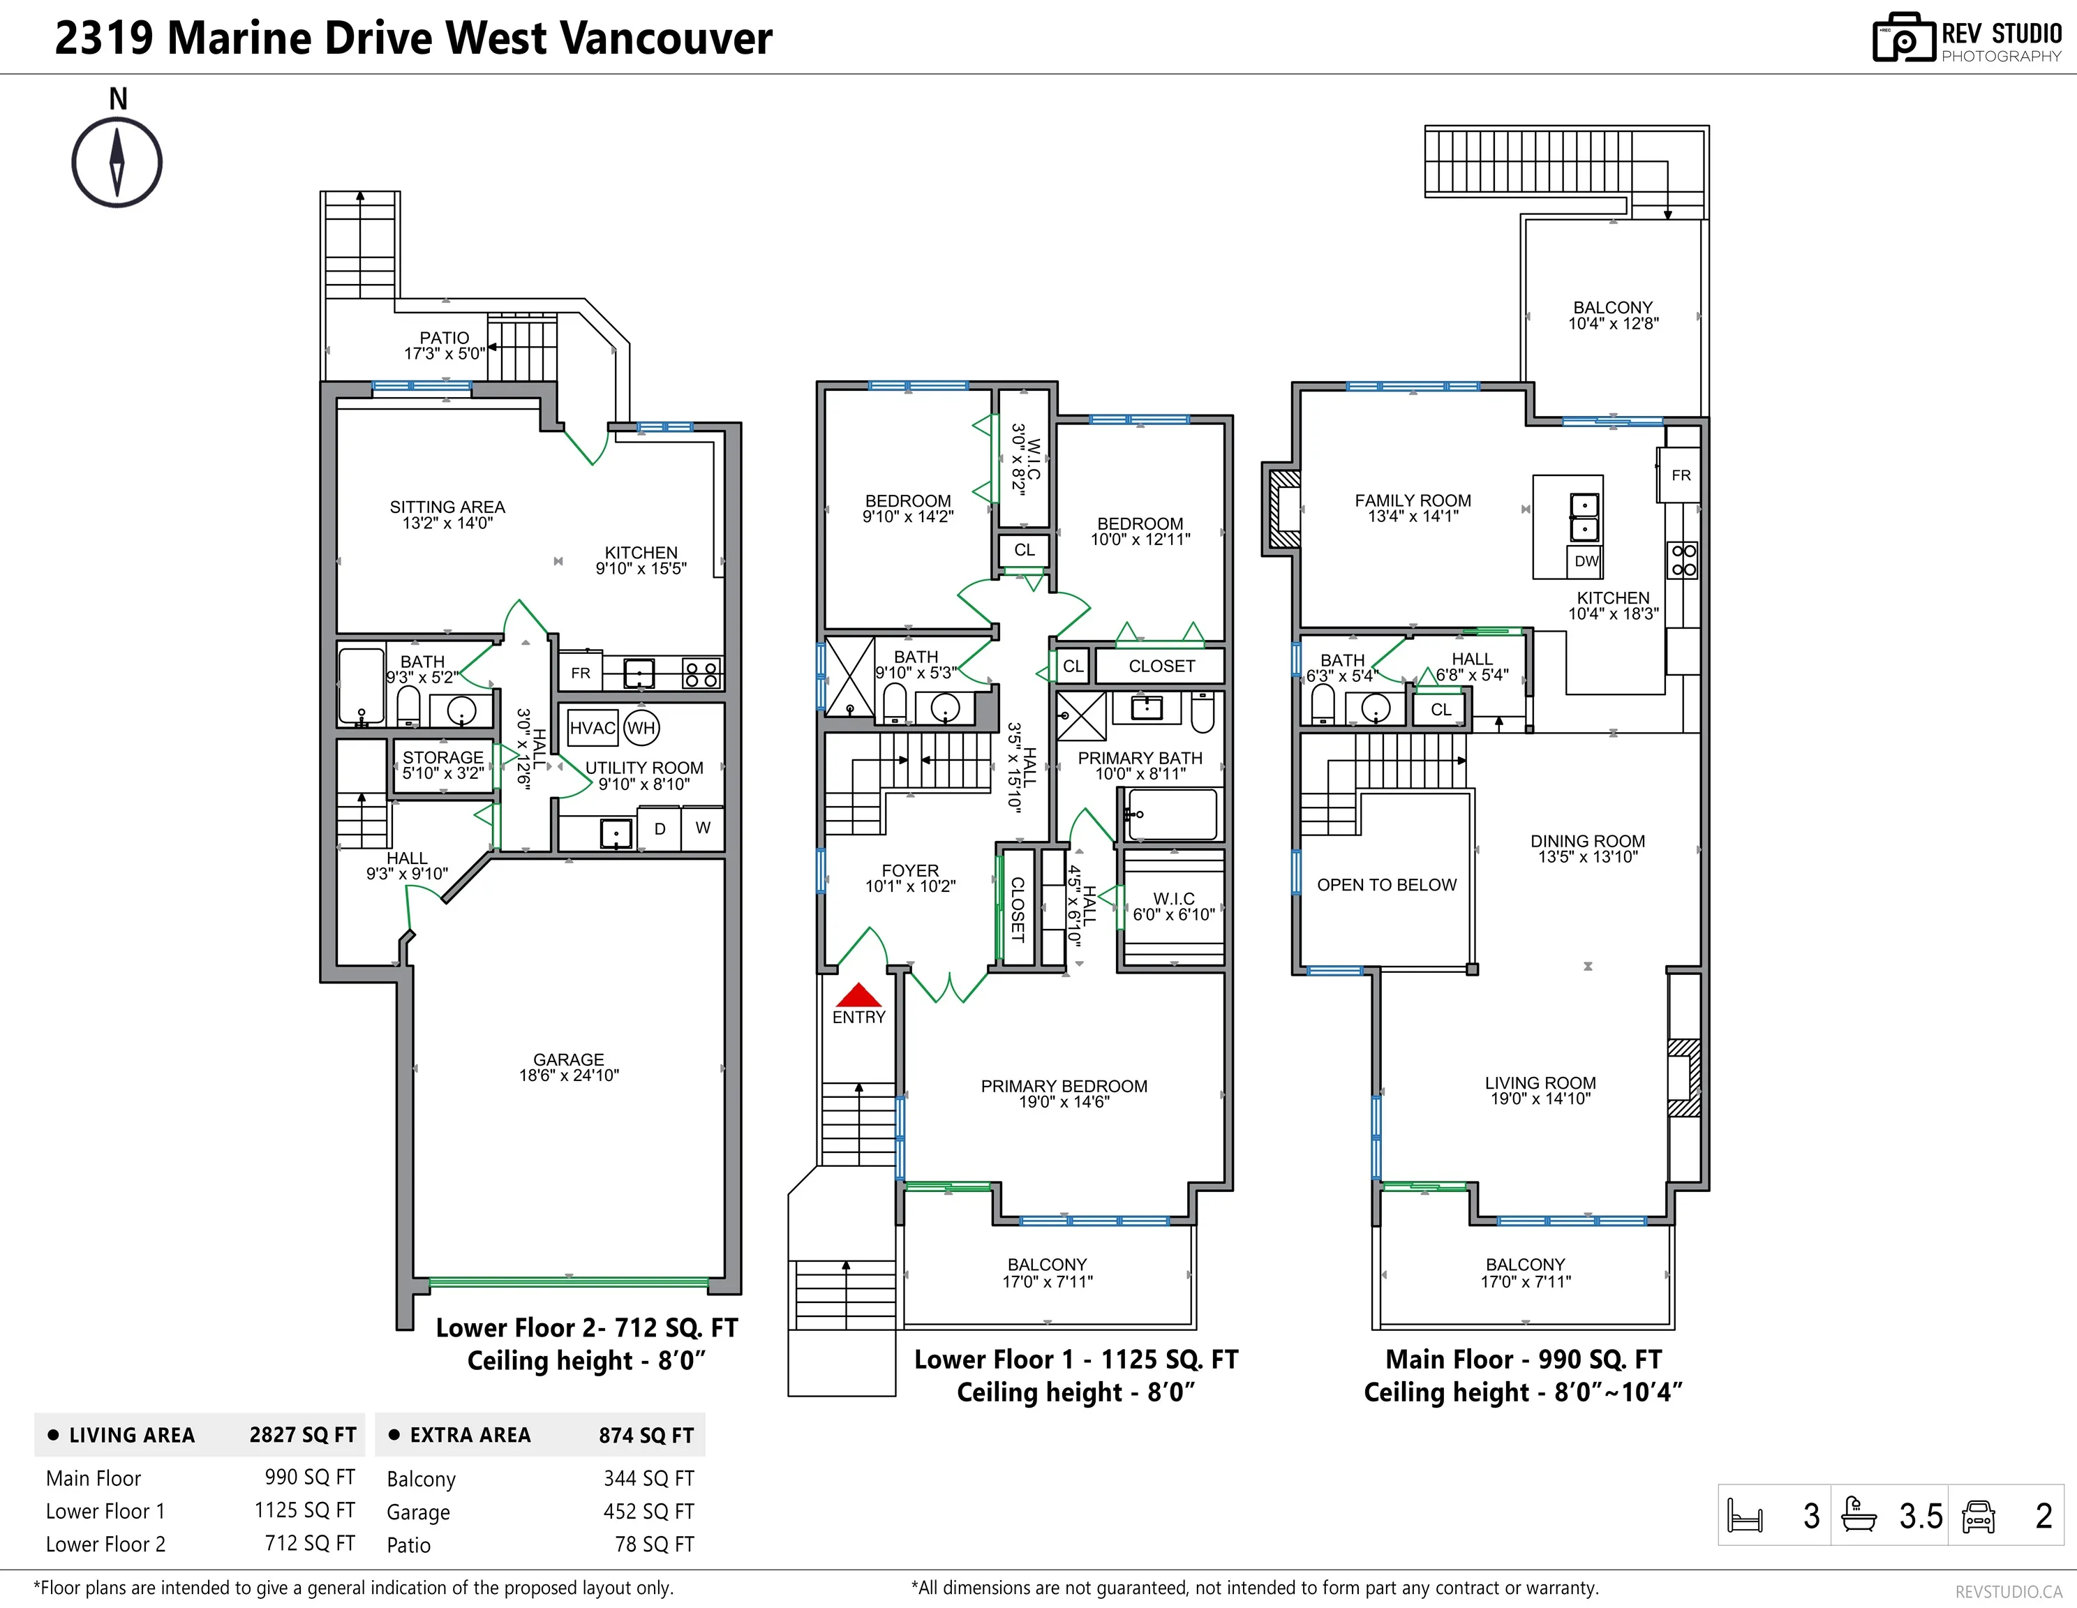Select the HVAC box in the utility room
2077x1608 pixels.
pos(593,729)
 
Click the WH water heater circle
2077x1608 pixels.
pos(641,729)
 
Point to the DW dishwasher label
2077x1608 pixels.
pos(1586,561)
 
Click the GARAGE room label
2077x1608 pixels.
pos(569,1059)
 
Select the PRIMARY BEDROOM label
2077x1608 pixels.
pos(1064,1086)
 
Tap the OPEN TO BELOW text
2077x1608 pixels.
pos(1387,884)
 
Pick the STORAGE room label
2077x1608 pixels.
pos(443,757)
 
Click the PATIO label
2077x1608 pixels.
pos(444,338)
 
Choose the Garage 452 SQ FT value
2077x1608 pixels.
pos(648,1512)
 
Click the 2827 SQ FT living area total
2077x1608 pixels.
pos(302,1435)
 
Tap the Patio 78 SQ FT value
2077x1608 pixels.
pos(654,1544)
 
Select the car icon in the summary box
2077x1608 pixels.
pos(1978,1516)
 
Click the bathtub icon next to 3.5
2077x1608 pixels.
pos(1859,1514)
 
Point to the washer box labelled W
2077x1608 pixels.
pos(703,828)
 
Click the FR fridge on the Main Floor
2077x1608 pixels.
pos(1681,475)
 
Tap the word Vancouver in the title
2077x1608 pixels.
pos(666,38)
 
